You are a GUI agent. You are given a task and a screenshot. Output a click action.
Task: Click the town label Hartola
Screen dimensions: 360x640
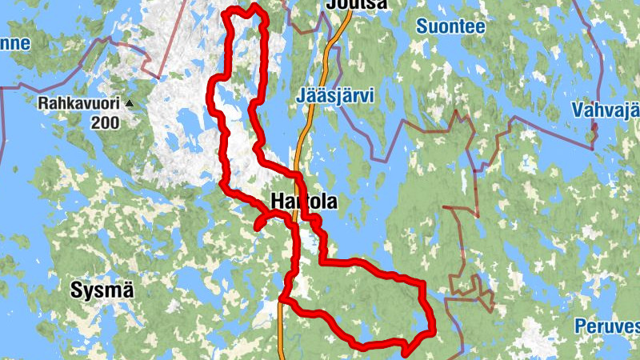click(305, 202)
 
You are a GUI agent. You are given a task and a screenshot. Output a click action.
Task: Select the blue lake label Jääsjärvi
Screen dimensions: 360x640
click(335, 95)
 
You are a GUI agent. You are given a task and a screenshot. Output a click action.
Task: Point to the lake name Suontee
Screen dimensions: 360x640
click(450, 26)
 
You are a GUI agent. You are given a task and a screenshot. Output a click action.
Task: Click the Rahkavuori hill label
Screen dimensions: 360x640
click(79, 103)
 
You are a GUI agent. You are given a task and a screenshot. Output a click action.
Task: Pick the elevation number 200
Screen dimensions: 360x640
click(105, 122)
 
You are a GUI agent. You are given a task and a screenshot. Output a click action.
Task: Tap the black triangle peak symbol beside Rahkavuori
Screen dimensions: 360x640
click(129, 103)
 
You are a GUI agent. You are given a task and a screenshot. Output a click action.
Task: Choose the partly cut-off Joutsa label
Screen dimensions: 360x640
click(357, 5)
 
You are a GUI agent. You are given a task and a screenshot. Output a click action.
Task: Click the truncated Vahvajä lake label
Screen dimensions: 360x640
click(606, 110)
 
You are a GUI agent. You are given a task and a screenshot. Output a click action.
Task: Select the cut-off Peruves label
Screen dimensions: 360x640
click(607, 326)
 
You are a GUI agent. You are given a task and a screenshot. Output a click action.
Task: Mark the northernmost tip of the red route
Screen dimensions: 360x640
click(254, 6)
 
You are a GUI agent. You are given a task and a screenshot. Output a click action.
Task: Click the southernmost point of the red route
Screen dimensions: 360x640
click(405, 353)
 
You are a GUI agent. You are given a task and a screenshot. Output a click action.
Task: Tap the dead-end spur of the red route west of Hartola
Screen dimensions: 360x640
click(257, 229)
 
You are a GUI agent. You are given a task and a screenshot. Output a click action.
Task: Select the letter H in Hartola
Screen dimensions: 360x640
click(278, 202)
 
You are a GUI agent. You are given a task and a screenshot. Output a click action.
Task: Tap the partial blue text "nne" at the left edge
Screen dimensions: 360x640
click(14, 43)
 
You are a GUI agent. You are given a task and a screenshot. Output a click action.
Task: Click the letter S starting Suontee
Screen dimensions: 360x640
click(422, 26)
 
